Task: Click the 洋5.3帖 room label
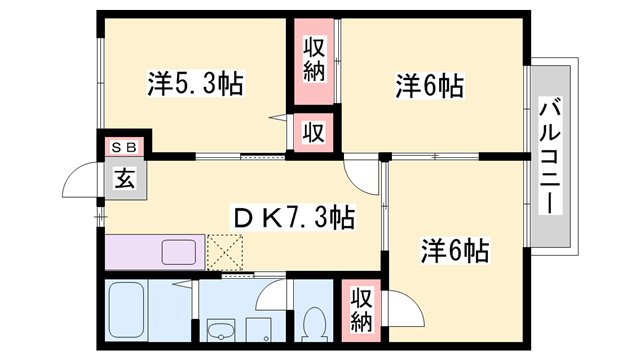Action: pyautogui.click(x=195, y=83)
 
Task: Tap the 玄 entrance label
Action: pyautogui.click(x=125, y=180)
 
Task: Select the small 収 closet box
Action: pyautogui.click(x=313, y=132)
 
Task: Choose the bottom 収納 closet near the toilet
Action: pyautogui.click(x=362, y=312)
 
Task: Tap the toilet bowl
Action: pyautogui.click(x=314, y=323)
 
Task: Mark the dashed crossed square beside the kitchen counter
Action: pyautogui.click(x=226, y=250)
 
